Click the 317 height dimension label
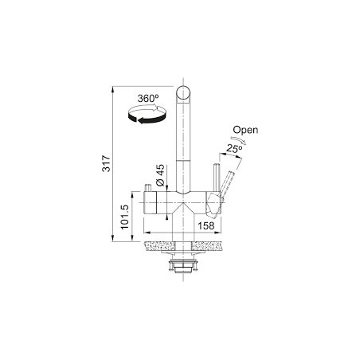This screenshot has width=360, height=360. coord(106,163)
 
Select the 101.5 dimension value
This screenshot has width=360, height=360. coord(124,217)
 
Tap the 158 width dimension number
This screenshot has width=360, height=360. coord(206,225)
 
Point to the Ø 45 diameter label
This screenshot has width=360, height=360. coord(160,175)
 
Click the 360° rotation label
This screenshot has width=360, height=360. coord(148,99)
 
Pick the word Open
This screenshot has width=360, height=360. coord(245,130)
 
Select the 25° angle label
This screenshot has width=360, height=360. coord(234,149)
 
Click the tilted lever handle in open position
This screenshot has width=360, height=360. coord(227,185)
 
